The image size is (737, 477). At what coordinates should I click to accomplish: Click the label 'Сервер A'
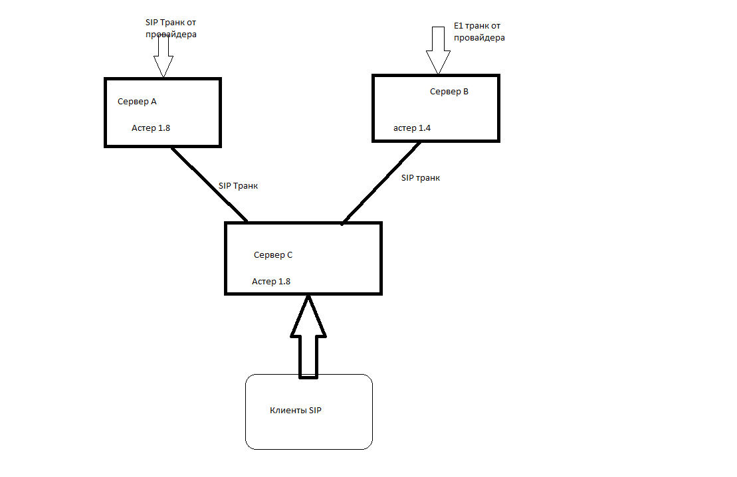[x=137, y=102]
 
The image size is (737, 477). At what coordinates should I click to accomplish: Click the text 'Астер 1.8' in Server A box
[x=151, y=128]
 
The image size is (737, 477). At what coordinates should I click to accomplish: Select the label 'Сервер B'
[x=449, y=92]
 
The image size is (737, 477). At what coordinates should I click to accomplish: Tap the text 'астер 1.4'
[x=412, y=128]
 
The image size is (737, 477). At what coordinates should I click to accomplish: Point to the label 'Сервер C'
[x=272, y=254]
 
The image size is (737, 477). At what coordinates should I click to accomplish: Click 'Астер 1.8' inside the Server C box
[x=271, y=281]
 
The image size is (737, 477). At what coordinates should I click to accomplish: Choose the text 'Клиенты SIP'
[x=296, y=411]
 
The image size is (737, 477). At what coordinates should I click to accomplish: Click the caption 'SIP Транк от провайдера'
[x=171, y=28]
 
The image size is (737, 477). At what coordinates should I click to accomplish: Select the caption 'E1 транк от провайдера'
[x=479, y=32]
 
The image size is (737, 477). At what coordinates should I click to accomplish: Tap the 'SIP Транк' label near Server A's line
[x=238, y=186]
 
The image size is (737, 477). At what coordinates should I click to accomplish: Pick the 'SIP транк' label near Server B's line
[x=421, y=178]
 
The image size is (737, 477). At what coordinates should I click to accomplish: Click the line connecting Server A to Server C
[x=209, y=184]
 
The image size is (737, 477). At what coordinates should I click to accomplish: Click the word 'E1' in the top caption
[x=459, y=25]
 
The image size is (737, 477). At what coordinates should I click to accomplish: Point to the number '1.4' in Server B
[x=424, y=128]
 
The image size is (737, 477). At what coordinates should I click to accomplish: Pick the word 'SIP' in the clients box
[x=315, y=411]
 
